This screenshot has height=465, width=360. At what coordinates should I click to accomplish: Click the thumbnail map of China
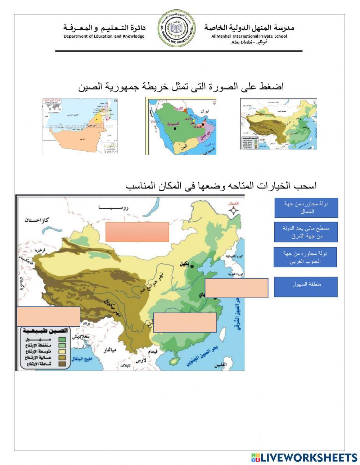278,124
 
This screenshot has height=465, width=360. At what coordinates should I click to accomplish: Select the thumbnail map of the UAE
78,126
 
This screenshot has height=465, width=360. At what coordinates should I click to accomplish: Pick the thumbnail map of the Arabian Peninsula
181,126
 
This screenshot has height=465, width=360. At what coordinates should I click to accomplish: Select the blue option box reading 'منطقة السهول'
306,287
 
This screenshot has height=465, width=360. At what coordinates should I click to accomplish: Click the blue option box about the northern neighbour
306,208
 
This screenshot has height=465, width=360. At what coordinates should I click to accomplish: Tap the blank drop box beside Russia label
137,232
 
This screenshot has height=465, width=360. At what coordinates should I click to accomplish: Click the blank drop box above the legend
48,316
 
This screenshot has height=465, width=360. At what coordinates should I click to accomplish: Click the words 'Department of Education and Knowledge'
104,36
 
